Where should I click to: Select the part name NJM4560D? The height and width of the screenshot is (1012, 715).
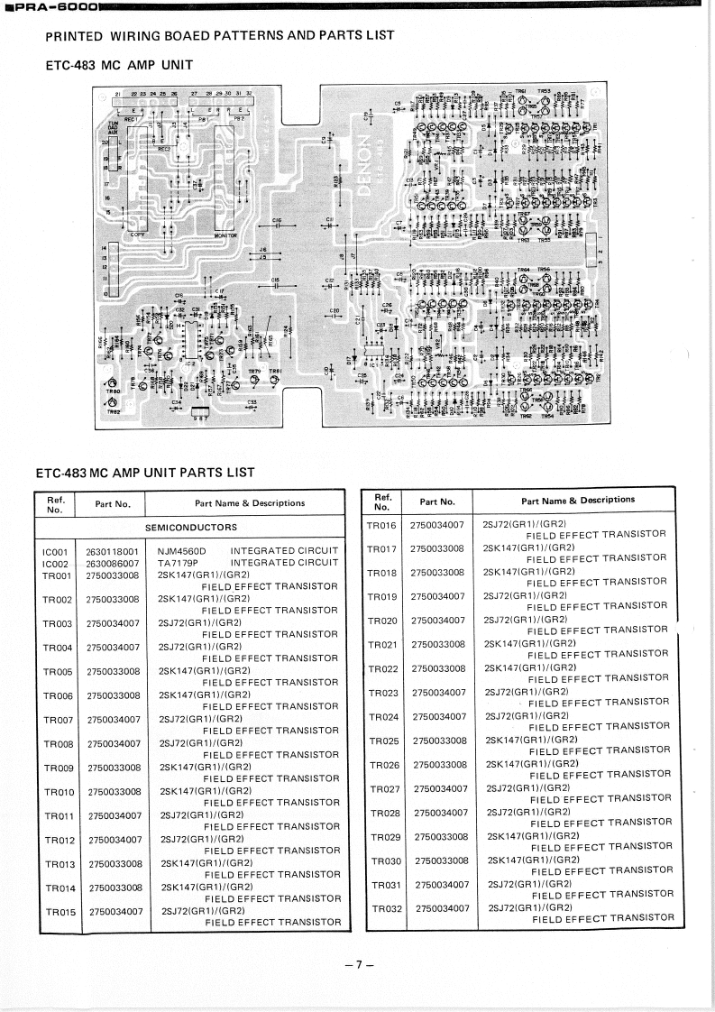pos(182,550)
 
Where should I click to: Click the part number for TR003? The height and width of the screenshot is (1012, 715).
pos(114,623)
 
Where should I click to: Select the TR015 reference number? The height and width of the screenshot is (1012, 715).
pos(60,912)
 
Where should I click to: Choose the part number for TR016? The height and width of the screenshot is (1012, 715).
pos(436,524)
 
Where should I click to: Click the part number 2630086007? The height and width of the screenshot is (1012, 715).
pos(113,562)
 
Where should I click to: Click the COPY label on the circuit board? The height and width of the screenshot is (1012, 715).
pos(138,235)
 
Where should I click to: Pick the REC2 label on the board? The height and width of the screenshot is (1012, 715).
pos(164,147)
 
